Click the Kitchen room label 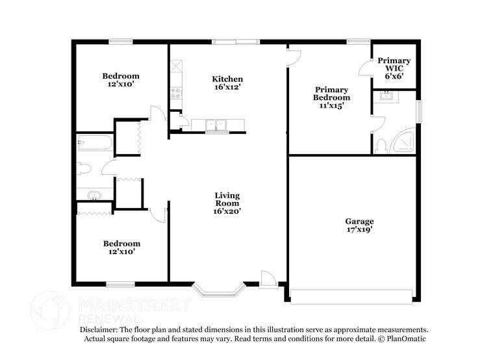click(227, 79)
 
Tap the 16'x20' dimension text click(227, 211)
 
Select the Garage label click(359, 222)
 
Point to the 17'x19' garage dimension click(359, 230)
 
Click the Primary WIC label click(394, 64)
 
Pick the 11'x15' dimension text click(332, 105)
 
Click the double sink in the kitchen click(215, 125)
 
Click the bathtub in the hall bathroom click(95, 144)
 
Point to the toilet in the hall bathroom click(84, 169)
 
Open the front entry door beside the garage click(267, 279)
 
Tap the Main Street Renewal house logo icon click(50, 311)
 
